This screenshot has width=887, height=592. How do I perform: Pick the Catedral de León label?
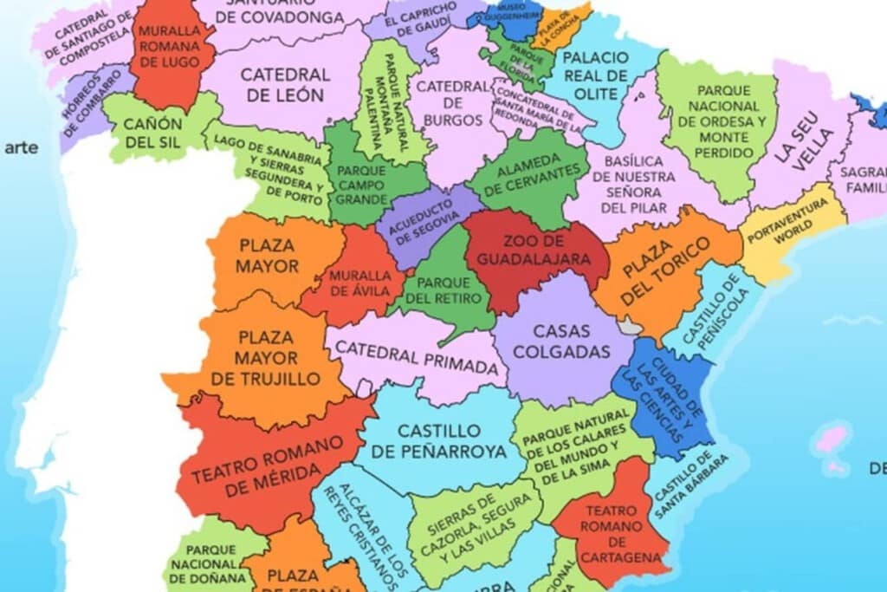click(x=282, y=85)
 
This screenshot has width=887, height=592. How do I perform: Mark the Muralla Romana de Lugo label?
click(x=170, y=46)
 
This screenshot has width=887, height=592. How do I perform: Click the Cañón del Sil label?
click(x=152, y=133)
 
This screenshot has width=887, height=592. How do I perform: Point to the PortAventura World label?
click(x=793, y=228)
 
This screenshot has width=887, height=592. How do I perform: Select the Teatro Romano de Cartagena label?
click(x=612, y=533)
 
